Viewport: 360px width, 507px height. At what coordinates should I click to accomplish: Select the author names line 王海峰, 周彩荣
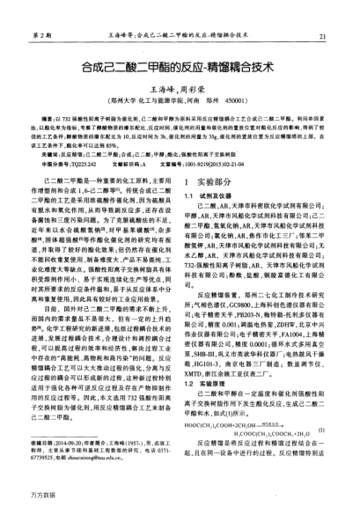[x=180, y=89]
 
